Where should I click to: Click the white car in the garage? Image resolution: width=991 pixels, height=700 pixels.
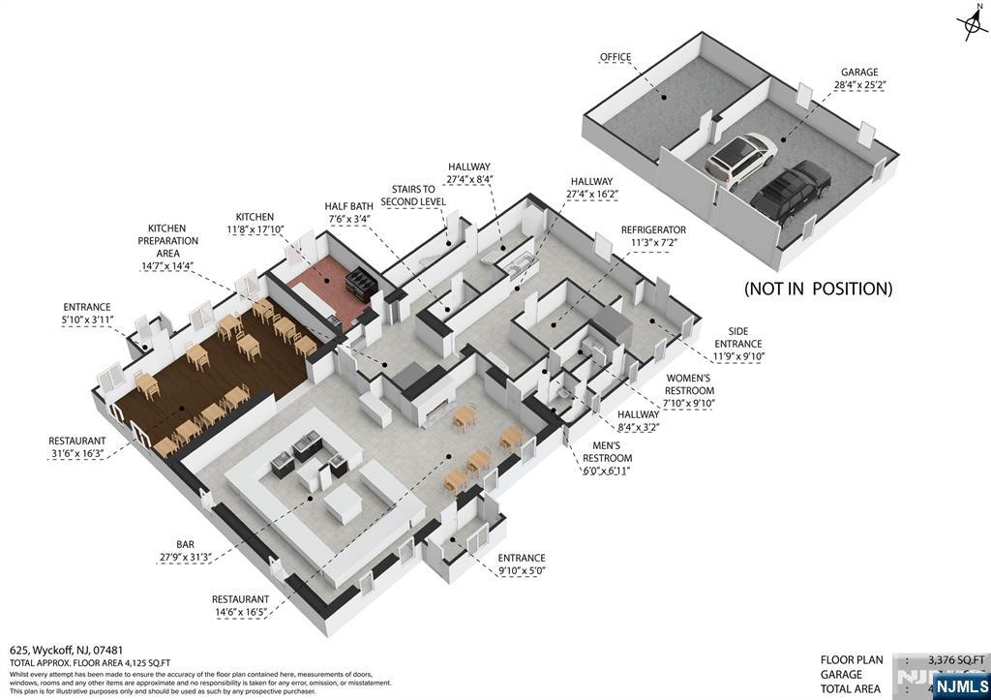(x=741, y=157)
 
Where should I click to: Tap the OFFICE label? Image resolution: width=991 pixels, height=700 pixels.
(x=616, y=58)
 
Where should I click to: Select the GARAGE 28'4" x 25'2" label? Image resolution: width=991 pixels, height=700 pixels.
(x=858, y=78)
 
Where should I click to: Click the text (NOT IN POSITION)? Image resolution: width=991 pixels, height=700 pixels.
(x=818, y=289)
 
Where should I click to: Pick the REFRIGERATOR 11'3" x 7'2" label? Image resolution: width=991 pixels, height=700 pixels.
(x=653, y=236)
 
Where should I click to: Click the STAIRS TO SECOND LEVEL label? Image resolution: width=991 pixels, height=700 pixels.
(x=413, y=195)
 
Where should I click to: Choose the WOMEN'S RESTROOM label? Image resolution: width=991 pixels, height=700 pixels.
(x=688, y=390)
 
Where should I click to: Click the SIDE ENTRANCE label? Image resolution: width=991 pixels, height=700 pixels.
(x=738, y=350)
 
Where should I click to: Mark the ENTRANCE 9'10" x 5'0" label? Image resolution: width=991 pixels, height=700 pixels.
(x=522, y=564)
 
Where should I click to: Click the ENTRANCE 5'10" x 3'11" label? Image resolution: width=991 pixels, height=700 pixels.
(x=88, y=314)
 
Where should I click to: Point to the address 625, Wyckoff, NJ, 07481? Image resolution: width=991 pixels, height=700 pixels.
(x=67, y=651)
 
